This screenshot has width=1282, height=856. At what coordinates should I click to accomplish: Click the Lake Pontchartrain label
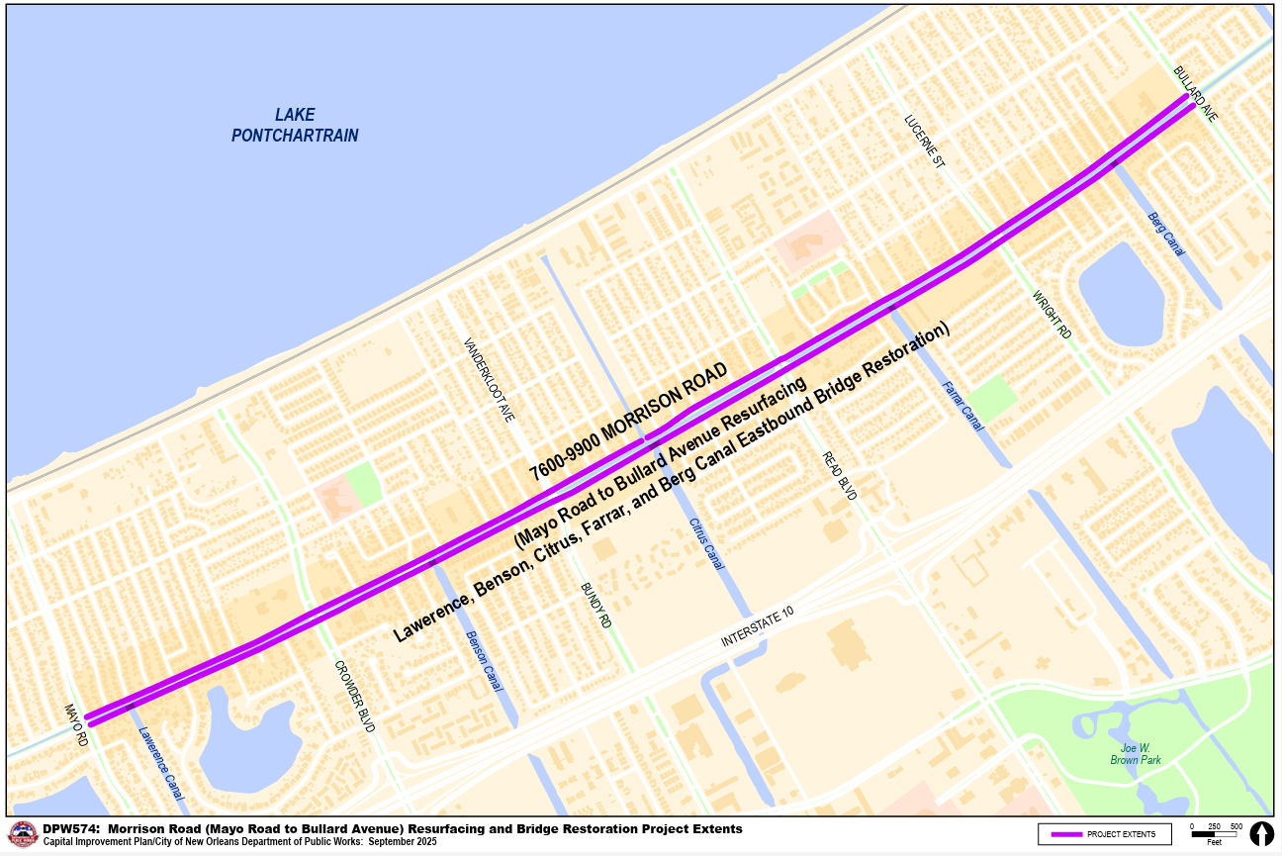[x=295, y=125]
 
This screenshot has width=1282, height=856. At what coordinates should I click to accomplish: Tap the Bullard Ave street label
[x=1195, y=95]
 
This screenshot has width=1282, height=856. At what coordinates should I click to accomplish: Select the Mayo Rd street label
[x=77, y=724]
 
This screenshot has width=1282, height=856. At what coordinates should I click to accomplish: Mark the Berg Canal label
[x=1166, y=235]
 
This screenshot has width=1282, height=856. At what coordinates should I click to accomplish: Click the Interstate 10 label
[x=757, y=628]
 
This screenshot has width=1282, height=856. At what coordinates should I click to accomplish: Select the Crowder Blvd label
[x=354, y=696]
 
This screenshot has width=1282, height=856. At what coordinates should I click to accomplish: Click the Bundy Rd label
[x=596, y=606]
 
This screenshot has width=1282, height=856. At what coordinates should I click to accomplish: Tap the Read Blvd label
[x=839, y=475]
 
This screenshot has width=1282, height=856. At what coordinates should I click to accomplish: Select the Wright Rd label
[x=1052, y=315]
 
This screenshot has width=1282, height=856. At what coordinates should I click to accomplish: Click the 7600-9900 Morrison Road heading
[x=628, y=421]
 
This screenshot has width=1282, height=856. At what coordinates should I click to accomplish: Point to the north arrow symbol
[x=1261, y=833]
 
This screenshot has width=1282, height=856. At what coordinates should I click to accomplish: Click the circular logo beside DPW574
[x=23, y=834]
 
